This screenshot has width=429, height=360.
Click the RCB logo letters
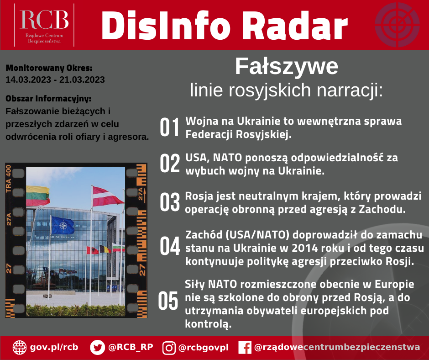pyautogui.click(x=44, y=20)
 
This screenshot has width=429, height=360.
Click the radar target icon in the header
pyautogui.click(x=397, y=25)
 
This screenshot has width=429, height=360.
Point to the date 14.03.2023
pyautogui.click(x=28, y=80)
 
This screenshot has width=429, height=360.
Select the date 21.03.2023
pyautogui.click(x=82, y=80)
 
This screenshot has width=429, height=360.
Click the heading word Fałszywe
pyautogui.click(x=287, y=66)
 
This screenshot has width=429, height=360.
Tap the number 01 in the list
pyautogui.click(x=170, y=127)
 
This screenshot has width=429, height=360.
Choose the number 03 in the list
pyautogui.click(x=170, y=202)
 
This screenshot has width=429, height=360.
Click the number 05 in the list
pyautogui.click(x=168, y=301)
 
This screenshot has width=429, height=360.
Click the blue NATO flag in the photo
pyautogui.click(x=63, y=225)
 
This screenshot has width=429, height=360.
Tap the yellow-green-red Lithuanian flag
pyautogui.click(x=38, y=196)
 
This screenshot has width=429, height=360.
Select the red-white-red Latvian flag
pyautogui.click(x=108, y=196)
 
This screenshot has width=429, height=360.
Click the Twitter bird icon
pyautogui.click(x=97, y=347)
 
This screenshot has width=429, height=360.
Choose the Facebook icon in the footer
pyautogui.click(x=245, y=347)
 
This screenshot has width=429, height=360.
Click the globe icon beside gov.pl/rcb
pyautogui.click(x=20, y=347)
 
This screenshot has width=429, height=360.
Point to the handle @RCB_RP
pyautogui.click(x=131, y=347)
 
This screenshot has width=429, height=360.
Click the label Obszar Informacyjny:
pyautogui.click(x=48, y=99)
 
